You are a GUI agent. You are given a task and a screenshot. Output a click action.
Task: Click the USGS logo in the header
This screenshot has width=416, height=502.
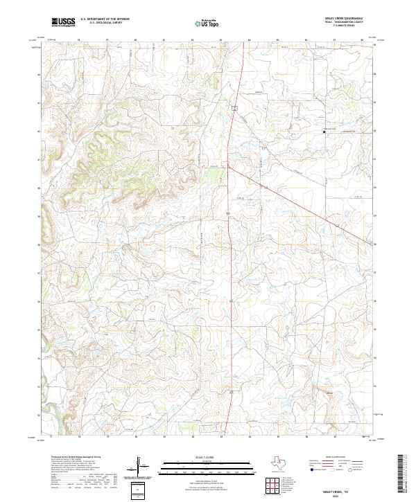(x=62, y=21)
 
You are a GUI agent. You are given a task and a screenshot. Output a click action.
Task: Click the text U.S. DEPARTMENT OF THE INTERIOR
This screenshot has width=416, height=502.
(x=105, y=19)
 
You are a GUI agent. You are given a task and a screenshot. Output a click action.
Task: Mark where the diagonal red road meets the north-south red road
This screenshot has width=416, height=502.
(x=228, y=163)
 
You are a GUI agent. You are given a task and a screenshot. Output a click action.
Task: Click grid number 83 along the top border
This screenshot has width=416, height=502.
(x=220, y=40)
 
